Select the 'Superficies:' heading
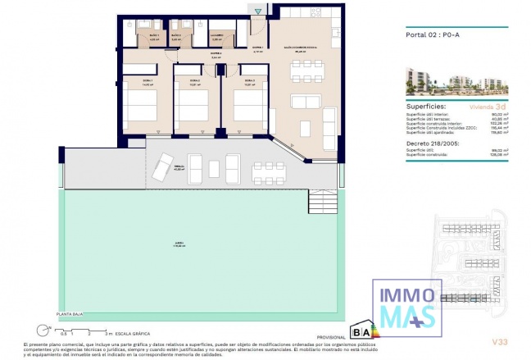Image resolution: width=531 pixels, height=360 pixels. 426,106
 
